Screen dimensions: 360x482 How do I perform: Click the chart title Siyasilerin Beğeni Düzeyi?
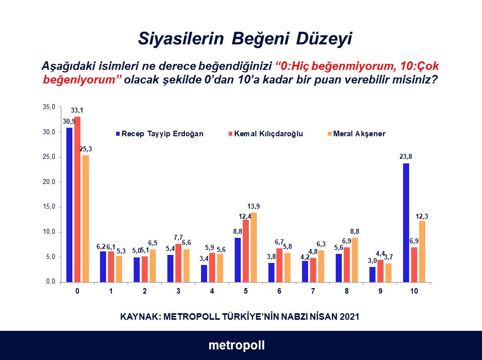click(245, 39)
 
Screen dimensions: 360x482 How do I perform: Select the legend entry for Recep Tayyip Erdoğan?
click(160, 134)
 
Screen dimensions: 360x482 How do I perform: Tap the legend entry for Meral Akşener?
click(356, 134)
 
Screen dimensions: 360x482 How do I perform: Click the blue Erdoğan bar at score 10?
click(406, 222)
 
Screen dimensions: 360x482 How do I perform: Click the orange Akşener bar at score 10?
click(422, 251)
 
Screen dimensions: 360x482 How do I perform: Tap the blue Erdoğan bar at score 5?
click(238, 259)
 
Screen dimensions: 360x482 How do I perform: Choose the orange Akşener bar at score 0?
click(85, 218)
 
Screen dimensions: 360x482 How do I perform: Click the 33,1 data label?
click(77, 111)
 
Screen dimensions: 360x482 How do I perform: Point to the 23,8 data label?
click(406, 156)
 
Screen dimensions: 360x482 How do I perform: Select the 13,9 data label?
click(254, 206)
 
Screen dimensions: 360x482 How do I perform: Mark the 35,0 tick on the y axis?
click(49, 107)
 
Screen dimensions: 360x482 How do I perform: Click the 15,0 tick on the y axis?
click(49, 207)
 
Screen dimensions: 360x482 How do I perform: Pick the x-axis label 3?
click(178, 291)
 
